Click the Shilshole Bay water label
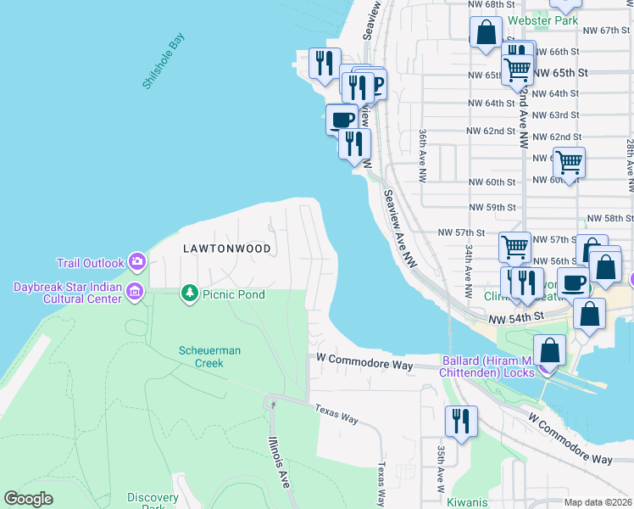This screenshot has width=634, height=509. click(164, 61)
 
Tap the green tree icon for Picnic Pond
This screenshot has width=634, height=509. click(189, 294)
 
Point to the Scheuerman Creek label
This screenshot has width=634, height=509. click(201, 356)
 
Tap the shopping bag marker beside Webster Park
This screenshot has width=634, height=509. click(487, 35)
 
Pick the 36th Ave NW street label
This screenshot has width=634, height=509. click(421, 156)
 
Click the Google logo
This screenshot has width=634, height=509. click(28, 499)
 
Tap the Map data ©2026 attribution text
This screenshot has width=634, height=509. click(598, 502)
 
